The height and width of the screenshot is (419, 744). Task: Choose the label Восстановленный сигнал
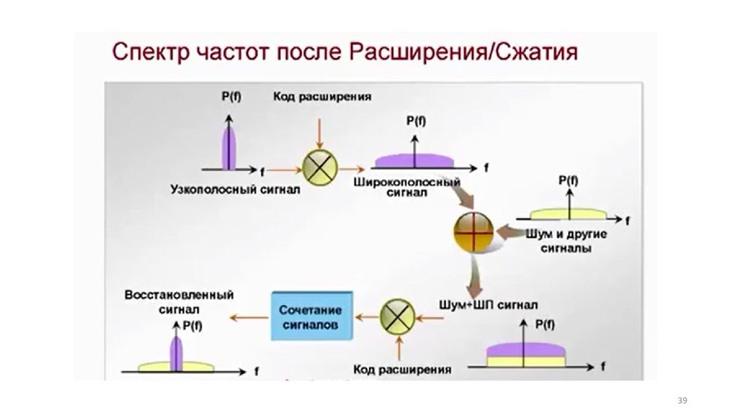pos(179,302)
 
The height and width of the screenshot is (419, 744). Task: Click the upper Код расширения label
pos(323,96)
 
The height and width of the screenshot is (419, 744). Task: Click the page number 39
pos(682,401)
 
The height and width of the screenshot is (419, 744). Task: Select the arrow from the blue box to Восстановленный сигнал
pos(248,316)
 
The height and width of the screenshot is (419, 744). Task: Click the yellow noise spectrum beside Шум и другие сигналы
pos(569,215)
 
